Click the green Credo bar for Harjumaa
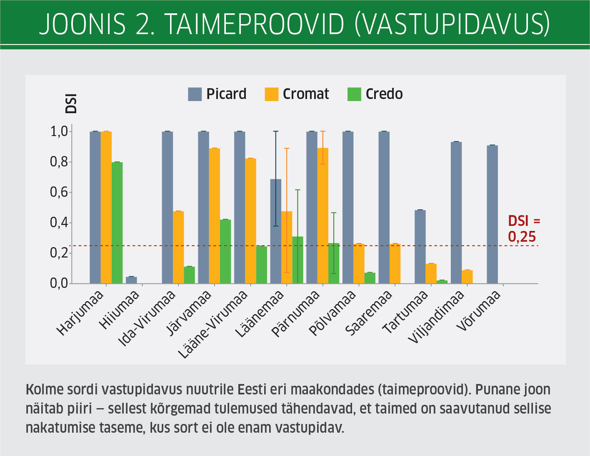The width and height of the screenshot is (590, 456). click(x=117, y=223)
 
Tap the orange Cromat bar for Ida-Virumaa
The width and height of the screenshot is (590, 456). click(x=178, y=247)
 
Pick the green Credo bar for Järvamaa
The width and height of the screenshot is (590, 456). click(x=225, y=251)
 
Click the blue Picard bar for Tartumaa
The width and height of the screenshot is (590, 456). click(x=420, y=247)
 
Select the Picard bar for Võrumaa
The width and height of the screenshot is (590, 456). click(x=492, y=214)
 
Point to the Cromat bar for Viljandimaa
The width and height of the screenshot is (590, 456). click(x=467, y=277)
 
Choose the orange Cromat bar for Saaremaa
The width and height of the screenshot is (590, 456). click(x=395, y=263)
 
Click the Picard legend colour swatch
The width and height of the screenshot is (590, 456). click(x=195, y=94)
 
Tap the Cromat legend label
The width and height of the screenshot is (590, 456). click(x=306, y=94)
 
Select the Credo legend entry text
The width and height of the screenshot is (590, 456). click(x=384, y=94)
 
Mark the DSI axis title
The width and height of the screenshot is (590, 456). click(x=71, y=104)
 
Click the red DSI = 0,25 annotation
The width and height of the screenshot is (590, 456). click(x=524, y=229)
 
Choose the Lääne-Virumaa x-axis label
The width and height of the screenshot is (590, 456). click(x=213, y=324)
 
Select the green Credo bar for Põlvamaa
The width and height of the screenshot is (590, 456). click(x=370, y=278)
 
